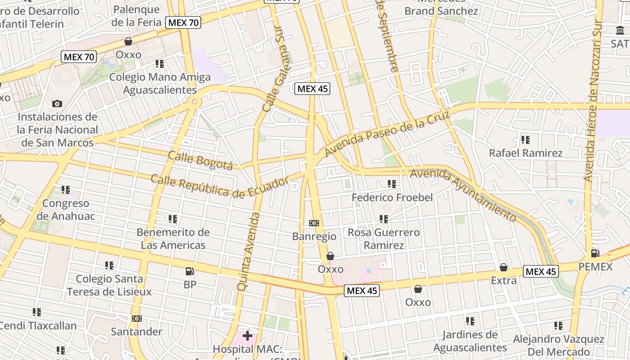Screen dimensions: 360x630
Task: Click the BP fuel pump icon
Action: (190, 271)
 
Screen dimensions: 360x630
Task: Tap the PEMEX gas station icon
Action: (595, 253)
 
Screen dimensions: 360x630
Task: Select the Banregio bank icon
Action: (314, 223)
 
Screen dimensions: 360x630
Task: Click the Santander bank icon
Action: (137, 319)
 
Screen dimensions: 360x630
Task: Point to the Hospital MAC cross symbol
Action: (247, 336)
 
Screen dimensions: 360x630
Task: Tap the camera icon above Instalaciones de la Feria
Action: (57, 104)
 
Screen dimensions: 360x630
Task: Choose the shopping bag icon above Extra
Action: (504, 267)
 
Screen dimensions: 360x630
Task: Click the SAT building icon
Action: (620, 31)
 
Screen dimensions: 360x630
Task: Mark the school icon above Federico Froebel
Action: (391, 184)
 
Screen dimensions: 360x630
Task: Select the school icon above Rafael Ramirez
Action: (525, 140)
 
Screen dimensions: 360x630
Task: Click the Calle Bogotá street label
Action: (200, 161)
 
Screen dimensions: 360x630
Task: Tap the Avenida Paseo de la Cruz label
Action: (387, 134)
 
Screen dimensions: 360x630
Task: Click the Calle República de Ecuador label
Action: (219, 186)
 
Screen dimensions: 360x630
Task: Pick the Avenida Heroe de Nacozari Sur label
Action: (593, 101)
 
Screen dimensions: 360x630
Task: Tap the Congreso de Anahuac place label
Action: (66, 210)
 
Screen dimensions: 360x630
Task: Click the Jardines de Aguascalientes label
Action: (470, 341)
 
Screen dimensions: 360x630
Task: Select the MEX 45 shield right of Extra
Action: (541, 271)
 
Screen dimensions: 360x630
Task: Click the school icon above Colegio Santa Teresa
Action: (109, 265)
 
